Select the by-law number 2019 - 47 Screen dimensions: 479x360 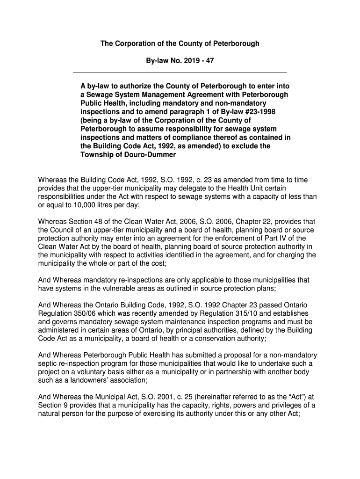(x=199, y=61)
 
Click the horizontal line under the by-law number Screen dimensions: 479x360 (x=180, y=73)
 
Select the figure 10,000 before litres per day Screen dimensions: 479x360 (x=67, y=205)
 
